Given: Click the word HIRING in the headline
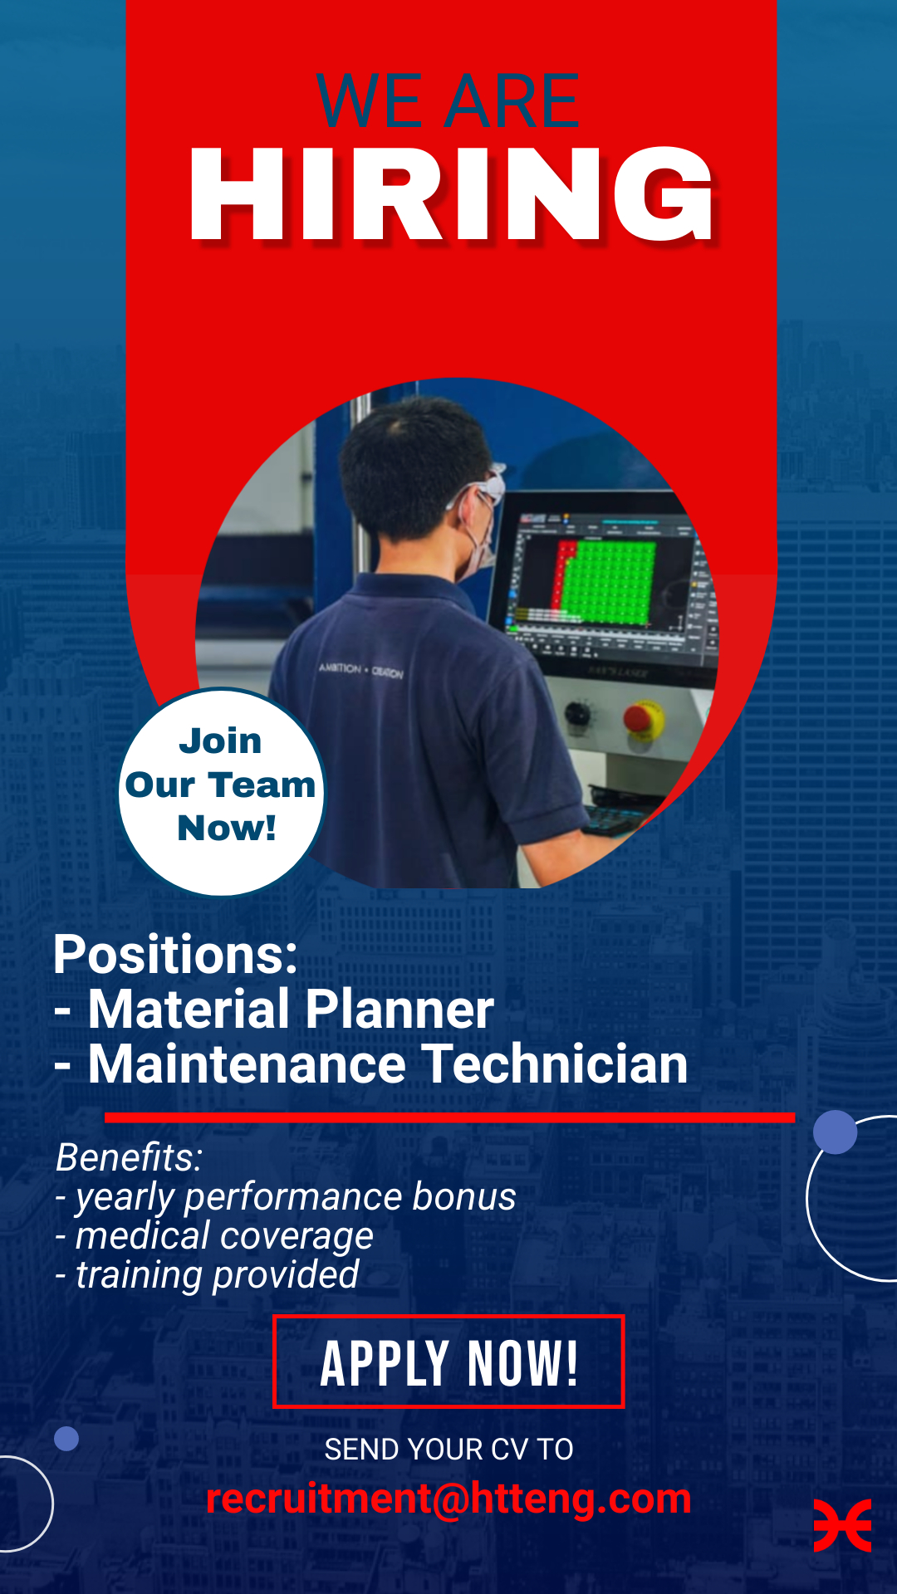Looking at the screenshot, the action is tap(451, 194).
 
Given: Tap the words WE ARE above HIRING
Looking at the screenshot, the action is tap(448, 101).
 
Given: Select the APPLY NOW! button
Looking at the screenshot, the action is tap(448, 1362).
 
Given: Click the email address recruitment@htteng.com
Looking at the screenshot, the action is tap(448, 1499).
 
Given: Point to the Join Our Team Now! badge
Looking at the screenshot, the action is tap(221, 792).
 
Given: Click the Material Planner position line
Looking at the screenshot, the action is tap(275, 1010).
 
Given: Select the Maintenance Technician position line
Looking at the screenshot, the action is tap(371, 1064).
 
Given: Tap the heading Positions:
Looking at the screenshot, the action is tap(175, 955).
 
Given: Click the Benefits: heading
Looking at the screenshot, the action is tap(130, 1157).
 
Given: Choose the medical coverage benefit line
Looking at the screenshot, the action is tap(215, 1236).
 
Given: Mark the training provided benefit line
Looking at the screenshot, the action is tap(208, 1275).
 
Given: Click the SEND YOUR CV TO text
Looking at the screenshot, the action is tap(448, 1450).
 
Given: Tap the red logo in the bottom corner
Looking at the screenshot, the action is tap(842, 1526).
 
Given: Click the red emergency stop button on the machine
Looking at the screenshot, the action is tap(643, 719).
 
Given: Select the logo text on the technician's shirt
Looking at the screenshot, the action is tap(361, 670).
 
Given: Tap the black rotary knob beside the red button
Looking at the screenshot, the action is tap(578, 712).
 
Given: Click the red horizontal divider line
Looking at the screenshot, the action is tap(449, 1117).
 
